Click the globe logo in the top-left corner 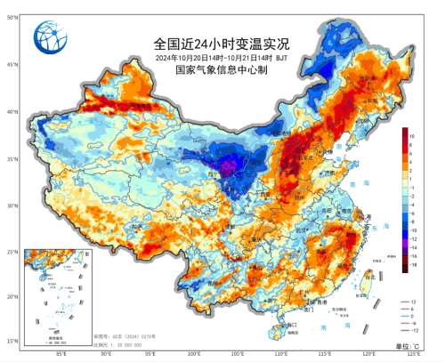[51, 37]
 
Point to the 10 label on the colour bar [415, 132]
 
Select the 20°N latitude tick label [11, 296]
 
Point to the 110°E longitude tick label [279, 355]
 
